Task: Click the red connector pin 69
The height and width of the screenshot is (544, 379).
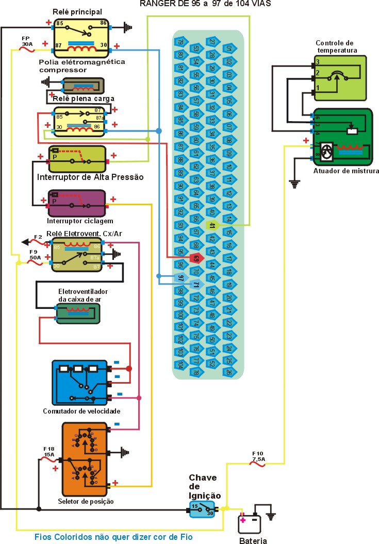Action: tap(196, 258)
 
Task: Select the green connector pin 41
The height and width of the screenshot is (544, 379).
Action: tap(211, 225)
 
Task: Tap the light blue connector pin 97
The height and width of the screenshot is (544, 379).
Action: tap(180, 278)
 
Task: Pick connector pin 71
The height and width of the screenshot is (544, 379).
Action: tap(196, 284)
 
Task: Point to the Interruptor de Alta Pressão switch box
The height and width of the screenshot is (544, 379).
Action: tap(77, 159)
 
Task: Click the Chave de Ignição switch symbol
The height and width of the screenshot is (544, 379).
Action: tap(202, 508)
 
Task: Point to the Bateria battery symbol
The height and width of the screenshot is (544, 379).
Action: tap(249, 524)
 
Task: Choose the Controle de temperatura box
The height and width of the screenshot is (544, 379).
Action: tap(340, 77)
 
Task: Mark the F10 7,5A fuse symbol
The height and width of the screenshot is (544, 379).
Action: tap(257, 464)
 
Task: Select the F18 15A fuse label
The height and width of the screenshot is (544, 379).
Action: tap(49, 451)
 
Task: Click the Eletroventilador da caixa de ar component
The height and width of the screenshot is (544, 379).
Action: tap(77, 314)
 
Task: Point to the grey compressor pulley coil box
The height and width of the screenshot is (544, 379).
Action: tap(83, 86)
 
